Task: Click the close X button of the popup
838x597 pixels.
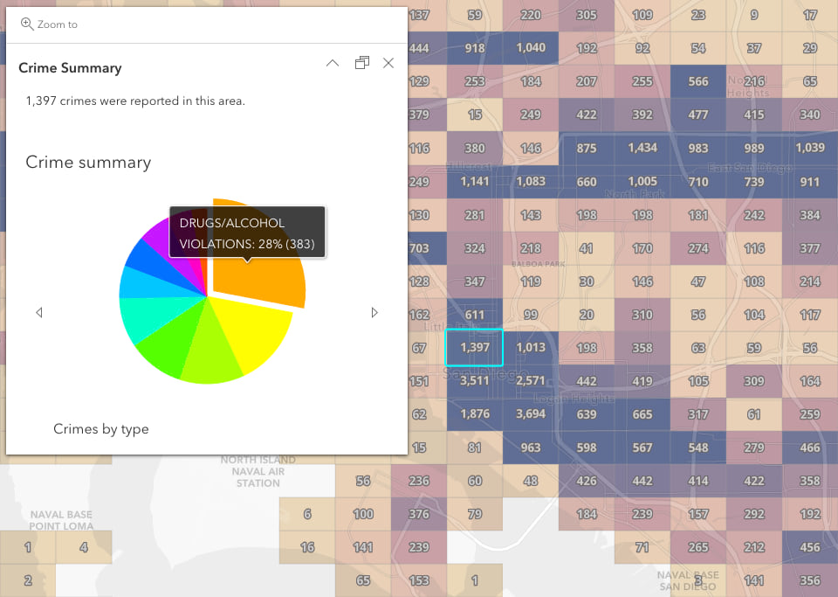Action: [x=388, y=63]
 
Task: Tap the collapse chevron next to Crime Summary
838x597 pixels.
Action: [x=332, y=63]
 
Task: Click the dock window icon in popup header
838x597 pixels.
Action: [x=361, y=63]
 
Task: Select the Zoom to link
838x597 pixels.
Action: [x=49, y=24]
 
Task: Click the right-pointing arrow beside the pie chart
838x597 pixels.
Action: [x=374, y=312]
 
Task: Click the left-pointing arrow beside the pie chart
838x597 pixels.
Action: [x=39, y=312]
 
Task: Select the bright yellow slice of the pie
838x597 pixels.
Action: [x=253, y=332]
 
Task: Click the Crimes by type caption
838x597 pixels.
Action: [x=101, y=429]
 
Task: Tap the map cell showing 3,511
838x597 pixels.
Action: [x=475, y=381]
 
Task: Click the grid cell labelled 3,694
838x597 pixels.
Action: [x=531, y=414]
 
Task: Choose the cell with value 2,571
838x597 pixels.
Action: [x=531, y=381]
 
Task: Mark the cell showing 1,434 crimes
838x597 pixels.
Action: [x=642, y=149]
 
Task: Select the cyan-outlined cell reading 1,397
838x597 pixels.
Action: [x=475, y=348]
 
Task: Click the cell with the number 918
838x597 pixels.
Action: [x=475, y=48]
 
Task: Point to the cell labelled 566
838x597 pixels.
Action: [x=698, y=81]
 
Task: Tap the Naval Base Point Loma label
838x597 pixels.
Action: [x=61, y=520]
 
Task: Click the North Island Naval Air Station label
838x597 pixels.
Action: [x=258, y=471]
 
